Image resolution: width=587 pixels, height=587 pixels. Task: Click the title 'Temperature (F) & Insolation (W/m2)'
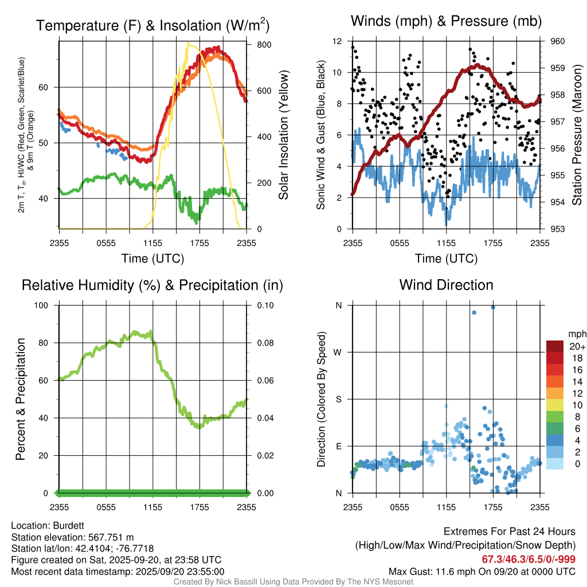[152, 25]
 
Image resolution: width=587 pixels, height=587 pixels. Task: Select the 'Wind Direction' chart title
[446, 284]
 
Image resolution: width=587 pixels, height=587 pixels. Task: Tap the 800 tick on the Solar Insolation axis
[256, 45]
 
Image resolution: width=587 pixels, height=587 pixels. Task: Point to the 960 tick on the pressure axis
[558, 41]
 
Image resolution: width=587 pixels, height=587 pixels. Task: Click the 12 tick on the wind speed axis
[338, 41]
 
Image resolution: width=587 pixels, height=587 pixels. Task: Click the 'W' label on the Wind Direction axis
[339, 352]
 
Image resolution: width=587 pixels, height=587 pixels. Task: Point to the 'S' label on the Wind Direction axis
[339, 399]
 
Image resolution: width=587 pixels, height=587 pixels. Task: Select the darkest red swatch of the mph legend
[555, 346]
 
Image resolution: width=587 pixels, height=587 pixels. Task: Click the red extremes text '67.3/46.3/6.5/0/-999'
[529, 559]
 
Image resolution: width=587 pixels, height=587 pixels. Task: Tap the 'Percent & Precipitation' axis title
[21, 399]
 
